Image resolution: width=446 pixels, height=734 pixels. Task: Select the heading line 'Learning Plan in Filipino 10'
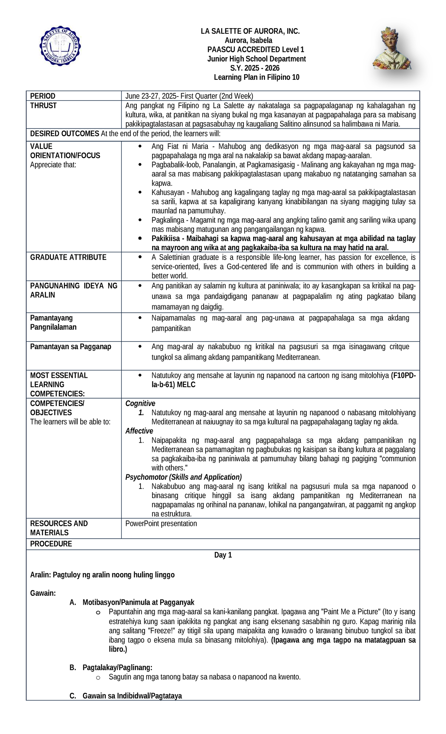click(x=256, y=77)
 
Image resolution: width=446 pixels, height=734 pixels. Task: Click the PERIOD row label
click(x=43, y=96)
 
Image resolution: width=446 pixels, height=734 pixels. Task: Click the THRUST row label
click(x=43, y=105)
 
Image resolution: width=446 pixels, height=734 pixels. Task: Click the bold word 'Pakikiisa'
click(x=167, y=238)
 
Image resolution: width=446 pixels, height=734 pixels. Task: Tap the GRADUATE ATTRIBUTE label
click(x=68, y=257)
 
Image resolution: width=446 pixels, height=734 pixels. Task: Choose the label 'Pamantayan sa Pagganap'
click(x=71, y=347)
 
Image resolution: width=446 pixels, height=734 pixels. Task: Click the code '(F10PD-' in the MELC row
click(x=404, y=375)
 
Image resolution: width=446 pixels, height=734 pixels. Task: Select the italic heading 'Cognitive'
click(x=140, y=403)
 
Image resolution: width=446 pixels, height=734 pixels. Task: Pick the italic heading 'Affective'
click(x=139, y=431)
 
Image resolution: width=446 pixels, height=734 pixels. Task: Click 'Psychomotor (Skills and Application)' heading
click(x=183, y=477)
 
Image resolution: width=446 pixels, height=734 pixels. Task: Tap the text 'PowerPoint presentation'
click(x=161, y=523)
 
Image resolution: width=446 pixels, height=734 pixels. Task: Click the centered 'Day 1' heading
click(x=223, y=555)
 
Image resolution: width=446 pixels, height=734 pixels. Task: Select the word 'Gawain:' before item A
click(x=43, y=593)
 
